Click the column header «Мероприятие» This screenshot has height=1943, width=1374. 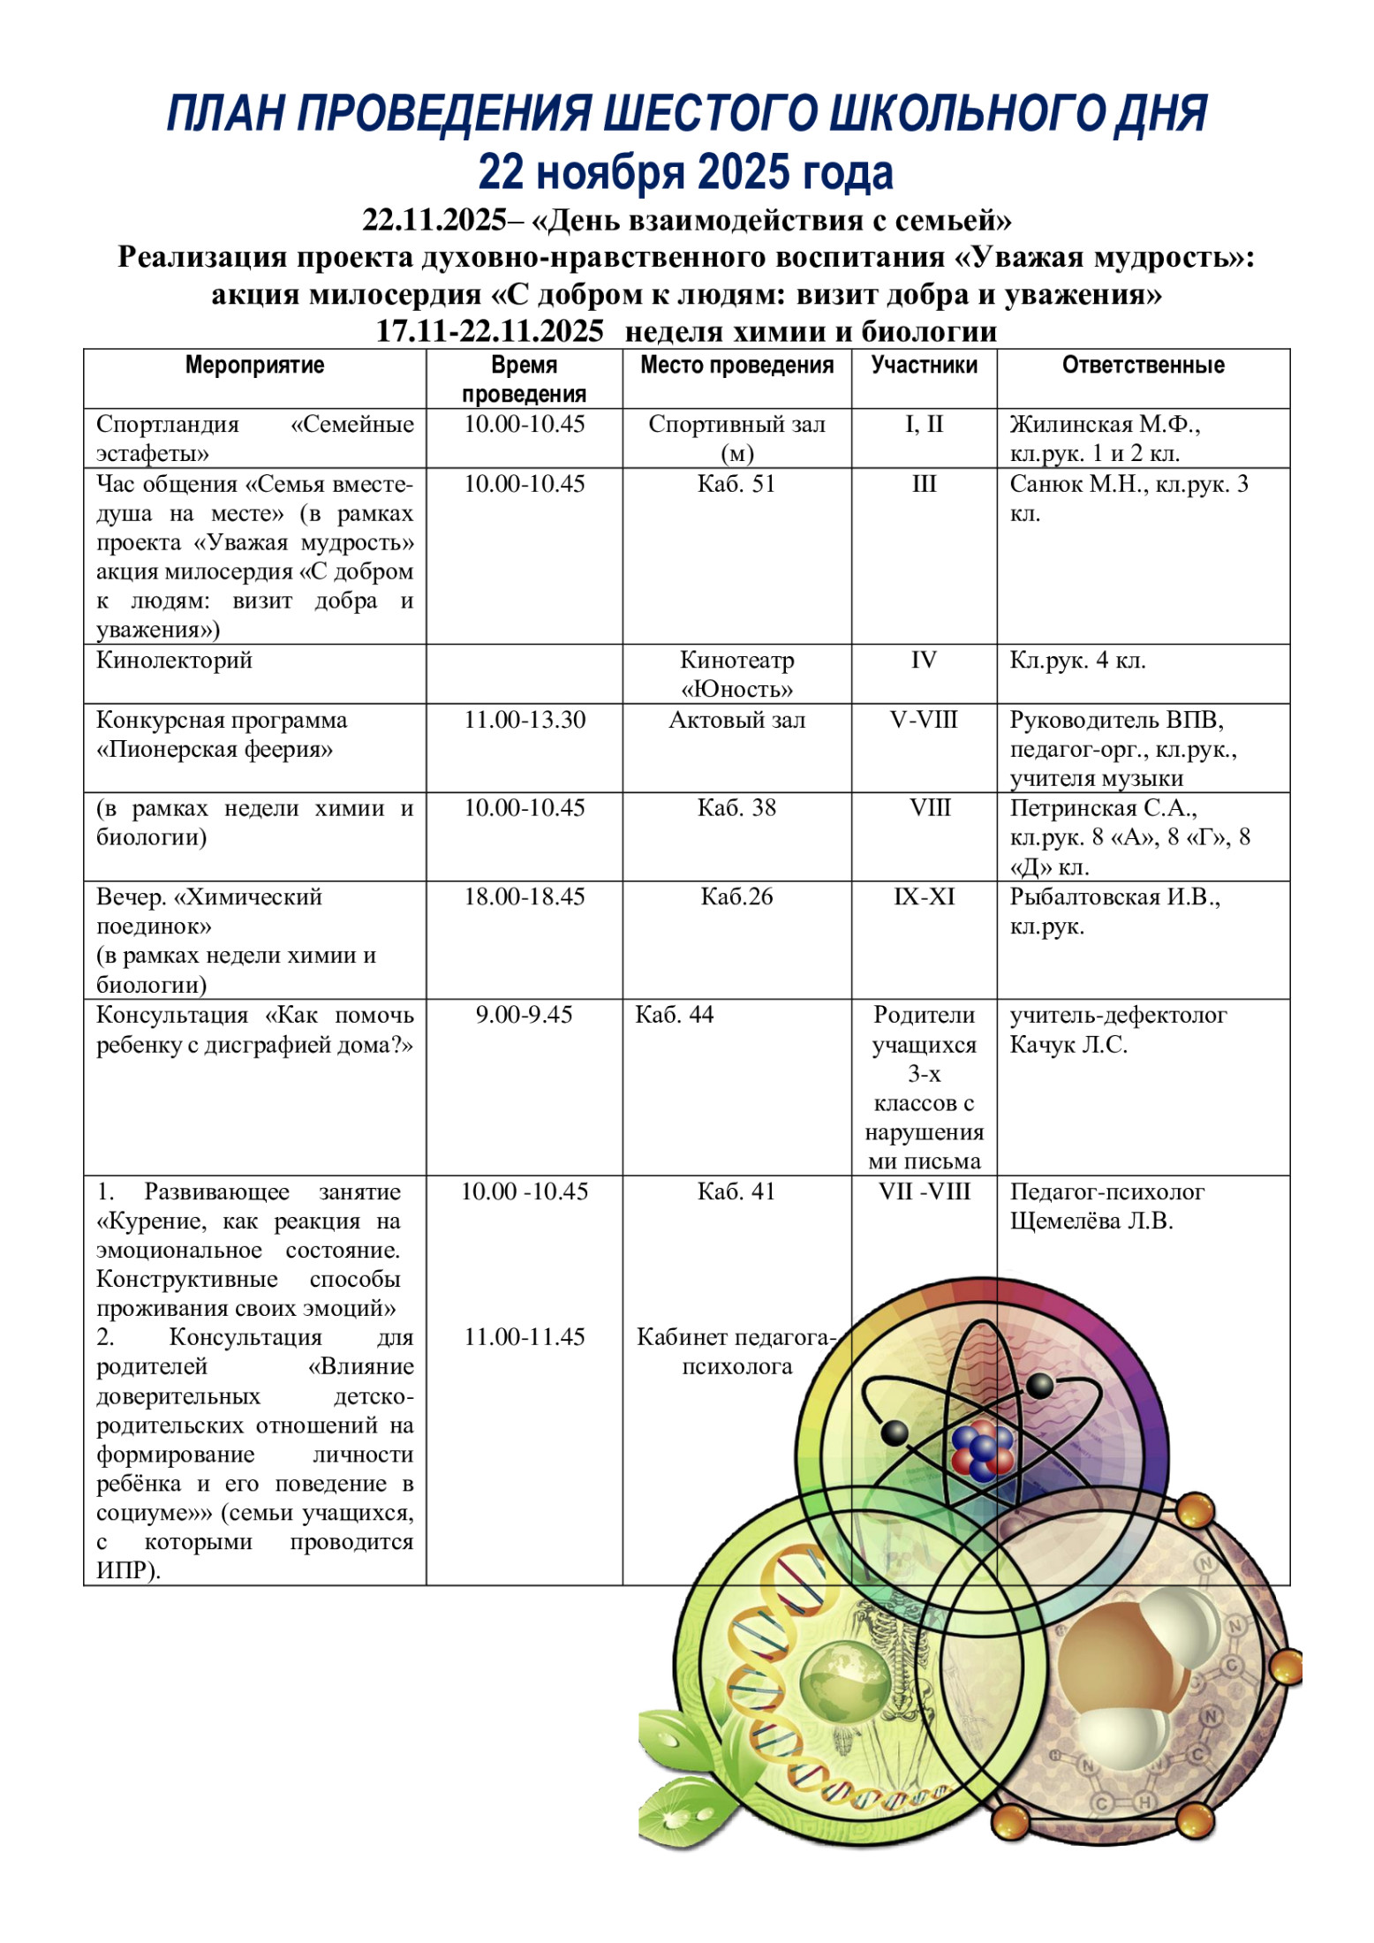[x=254, y=365]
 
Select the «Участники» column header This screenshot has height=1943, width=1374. [x=924, y=365]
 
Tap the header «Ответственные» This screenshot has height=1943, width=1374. [x=1143, y=365]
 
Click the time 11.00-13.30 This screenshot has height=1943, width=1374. [x=525, y=720]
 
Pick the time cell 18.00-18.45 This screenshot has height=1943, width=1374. [x=525, y=896]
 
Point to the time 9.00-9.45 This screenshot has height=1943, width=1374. [x=524, y=1014]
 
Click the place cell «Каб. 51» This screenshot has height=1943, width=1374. [x=736, y=484]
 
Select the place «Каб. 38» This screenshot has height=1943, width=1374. [x=736, y=807]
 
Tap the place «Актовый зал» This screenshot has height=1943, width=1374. [x=736, y=720]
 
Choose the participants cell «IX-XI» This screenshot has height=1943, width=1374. [x=924, y=896]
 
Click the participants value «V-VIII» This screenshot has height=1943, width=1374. [x=924, y=720]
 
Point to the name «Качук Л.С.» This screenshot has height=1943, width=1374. [x=1068, y=1044]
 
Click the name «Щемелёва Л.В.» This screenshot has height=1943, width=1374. [x=1091, y=1221]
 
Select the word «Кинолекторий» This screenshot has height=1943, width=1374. [x=174, y=660]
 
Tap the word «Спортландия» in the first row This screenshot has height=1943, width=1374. [x=168, y=424]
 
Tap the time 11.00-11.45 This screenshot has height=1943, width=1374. [x=525, y=1337]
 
